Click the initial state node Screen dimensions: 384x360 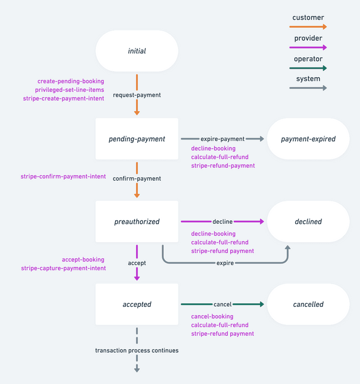[x=137, y=51]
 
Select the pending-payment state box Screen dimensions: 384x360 [x=137, y=139]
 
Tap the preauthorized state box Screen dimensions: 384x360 [x=137, y=222]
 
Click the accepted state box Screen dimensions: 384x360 [x=137, y=305]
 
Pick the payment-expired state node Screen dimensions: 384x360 [x=308, y=139]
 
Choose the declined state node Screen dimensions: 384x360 [x=308, y=222]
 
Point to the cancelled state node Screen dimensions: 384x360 [x=308, y=305]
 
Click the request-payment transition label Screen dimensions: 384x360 [x=137, y=95]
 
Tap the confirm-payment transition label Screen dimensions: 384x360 [x=137, y=179]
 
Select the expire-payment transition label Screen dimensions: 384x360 [x=222, y=139]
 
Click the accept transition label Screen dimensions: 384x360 [x=137, y=263]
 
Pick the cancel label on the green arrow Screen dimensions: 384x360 [x=222, y=305]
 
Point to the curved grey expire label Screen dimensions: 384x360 [x=225, y=263]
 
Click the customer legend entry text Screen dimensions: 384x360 [x=308, y=18]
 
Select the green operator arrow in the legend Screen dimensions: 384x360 [x=308, y=68]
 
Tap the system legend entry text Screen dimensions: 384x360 [x=308, y=79]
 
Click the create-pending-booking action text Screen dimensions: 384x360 [x=71, y=82]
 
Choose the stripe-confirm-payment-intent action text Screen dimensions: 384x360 [x=63, y=176]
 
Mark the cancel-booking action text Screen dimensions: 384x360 [x=212, y=317]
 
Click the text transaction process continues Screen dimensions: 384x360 [x=137, y=351]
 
